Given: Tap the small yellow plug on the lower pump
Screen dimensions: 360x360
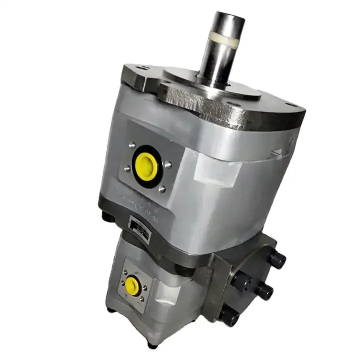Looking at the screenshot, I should pos(132,285).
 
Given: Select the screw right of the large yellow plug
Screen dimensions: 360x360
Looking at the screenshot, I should pos(168,164).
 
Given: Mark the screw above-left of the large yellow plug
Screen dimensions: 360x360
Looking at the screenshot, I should pos(132,145).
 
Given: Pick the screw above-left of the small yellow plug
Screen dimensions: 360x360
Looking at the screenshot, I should pos(123,272).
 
